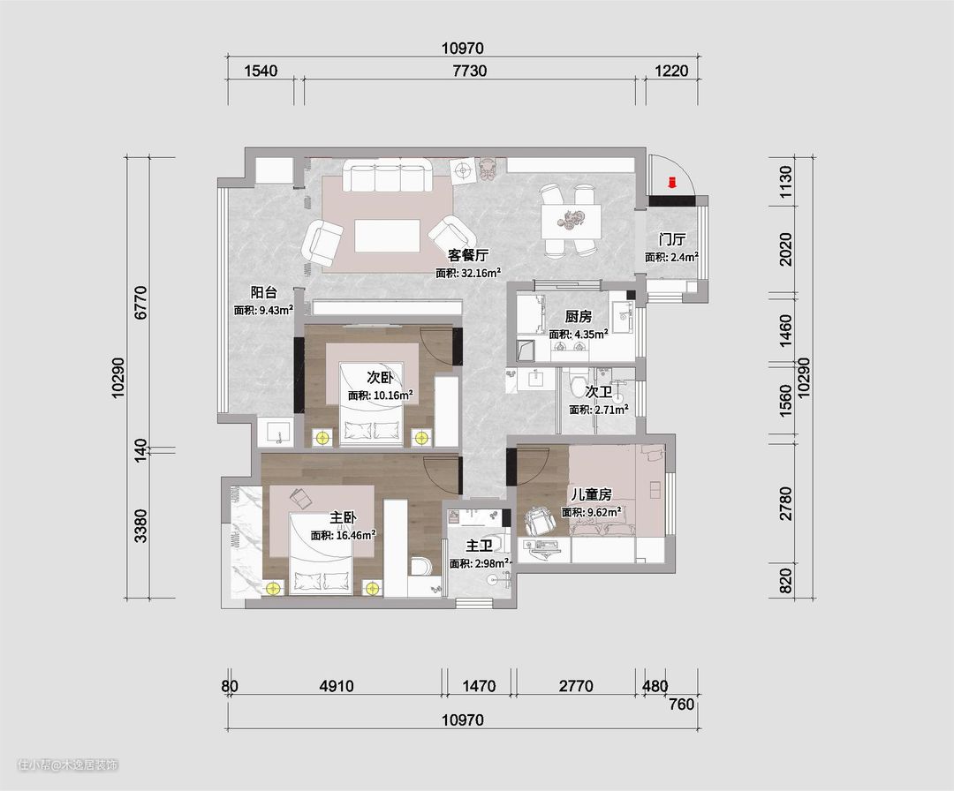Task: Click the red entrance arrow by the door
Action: point(672,182)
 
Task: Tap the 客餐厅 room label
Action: point(468,255)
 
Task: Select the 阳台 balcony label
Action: point(263,292)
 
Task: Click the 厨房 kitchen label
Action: point(578,317)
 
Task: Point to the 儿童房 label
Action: point(591,494)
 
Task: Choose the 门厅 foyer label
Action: point(671,239)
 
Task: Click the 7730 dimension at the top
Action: point(470,72)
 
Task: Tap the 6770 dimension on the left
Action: point(140,302)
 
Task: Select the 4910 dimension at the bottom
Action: point(337,687)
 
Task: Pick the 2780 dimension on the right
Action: point(785,503)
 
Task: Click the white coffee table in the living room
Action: point(388,236)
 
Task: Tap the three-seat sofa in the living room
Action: point(388,175)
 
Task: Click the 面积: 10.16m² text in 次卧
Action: point(381,395)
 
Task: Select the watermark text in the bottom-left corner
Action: point(67,765)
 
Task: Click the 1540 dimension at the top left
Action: point(261,72)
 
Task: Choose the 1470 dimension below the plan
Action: point(479,687)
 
